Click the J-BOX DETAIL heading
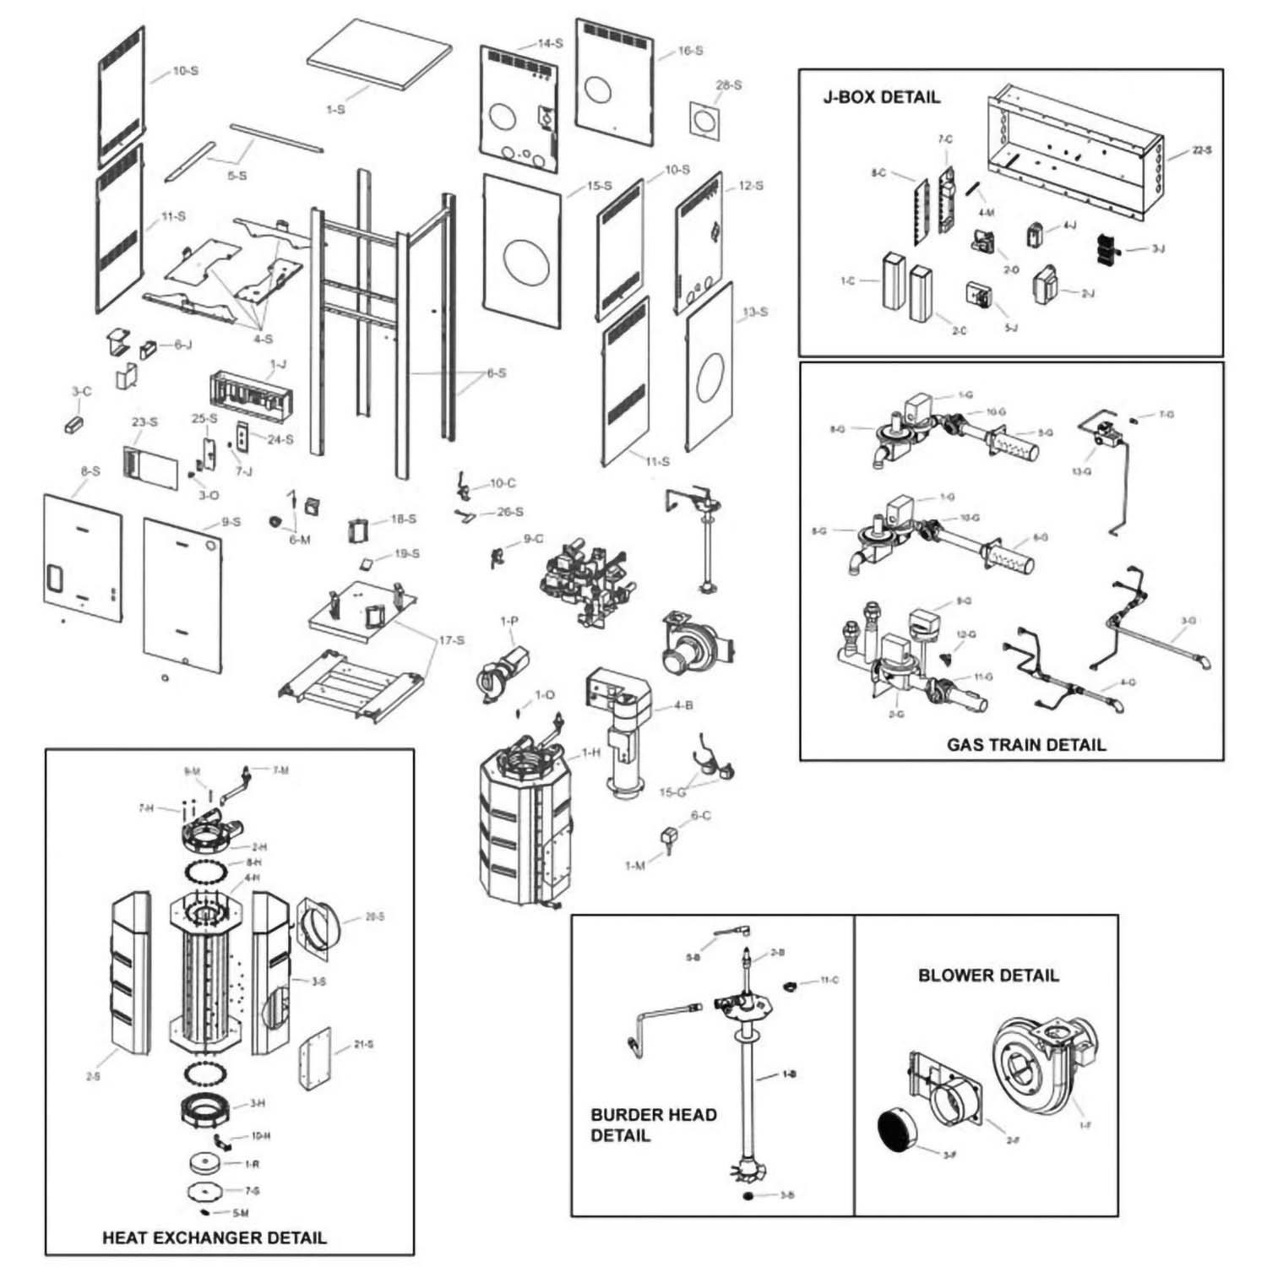(881, 97)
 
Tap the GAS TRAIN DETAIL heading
(1025, 745)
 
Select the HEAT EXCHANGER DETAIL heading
(214, 1237)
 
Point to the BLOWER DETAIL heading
(988, 976)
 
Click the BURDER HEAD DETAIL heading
(653, 1125)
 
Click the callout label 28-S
(728, 85)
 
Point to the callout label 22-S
(1202, 150)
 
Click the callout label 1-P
(509, 622)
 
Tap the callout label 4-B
(683, 705)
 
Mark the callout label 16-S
(690, 51)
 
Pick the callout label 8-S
(90, 470)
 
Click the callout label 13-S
(754, 313)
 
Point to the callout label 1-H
(590, 753)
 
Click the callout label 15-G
(672, 792)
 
